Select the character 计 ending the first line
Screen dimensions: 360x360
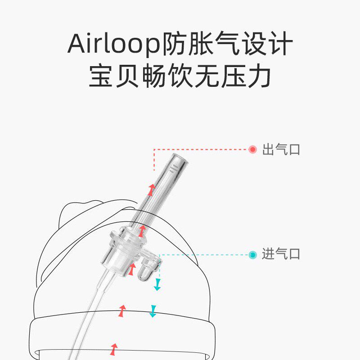pos(280,44)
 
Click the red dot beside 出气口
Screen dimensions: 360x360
pos(253,149)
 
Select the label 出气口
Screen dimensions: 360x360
pos(281,149)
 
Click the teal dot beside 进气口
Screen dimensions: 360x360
pos(253,255)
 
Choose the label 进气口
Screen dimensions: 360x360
pos(281,255)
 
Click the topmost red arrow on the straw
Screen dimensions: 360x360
pos(152,189)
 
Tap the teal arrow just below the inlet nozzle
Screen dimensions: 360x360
pos(157,284)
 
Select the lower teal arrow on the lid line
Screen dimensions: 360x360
pos(153,311)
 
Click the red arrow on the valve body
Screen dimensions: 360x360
pos(132,270)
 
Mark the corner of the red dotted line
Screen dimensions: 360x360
pos(154,149)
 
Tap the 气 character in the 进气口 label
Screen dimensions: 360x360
pos(281,255)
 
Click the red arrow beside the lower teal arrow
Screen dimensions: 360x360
pos(122,310)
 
